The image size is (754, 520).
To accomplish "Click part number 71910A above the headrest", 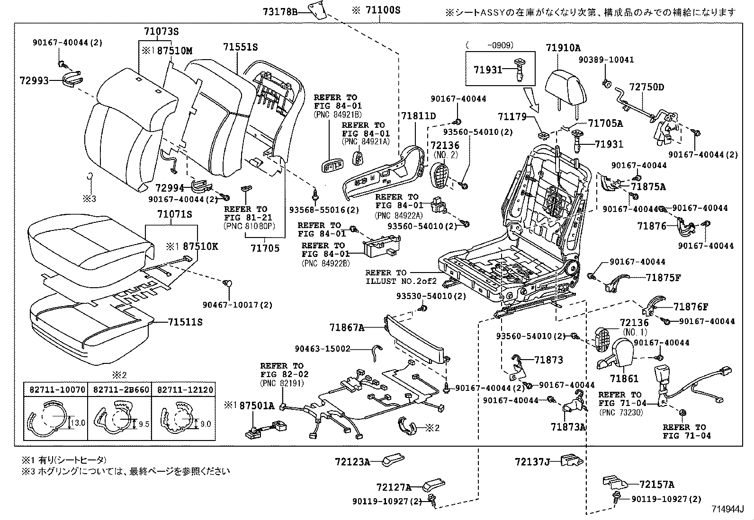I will click(563, 48).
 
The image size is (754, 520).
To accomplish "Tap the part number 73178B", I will click(280, 12).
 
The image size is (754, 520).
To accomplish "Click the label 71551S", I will click(240, 47).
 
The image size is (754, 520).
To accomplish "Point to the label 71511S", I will click(185, 322).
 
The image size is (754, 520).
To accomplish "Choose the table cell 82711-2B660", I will click(121, 389).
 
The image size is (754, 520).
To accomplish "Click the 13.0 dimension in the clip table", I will click(78, 423).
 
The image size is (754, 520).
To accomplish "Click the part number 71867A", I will click(347, 327).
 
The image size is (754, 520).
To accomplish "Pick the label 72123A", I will click(353, 461).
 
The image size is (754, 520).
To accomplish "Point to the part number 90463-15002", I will click(323, 349).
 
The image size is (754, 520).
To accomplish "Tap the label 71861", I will click(624, 378).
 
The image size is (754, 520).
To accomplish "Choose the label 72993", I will click(35, 81).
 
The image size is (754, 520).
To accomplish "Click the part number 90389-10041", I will click(606, 60).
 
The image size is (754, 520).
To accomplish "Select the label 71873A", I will click(568, 426).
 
